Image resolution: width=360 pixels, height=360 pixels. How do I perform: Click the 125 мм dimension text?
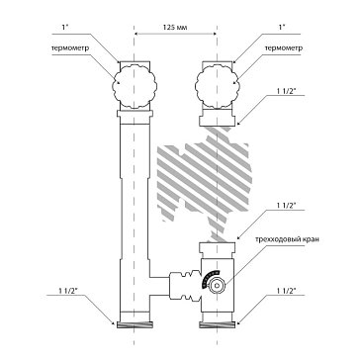coord(175,28)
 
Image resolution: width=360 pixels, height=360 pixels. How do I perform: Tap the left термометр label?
coord(70,48)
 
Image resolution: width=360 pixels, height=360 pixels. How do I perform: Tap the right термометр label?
coord(284,48)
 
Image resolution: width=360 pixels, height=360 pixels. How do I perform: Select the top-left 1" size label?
coord(64,28)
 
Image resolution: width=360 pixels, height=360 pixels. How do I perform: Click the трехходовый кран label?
coord(287,239)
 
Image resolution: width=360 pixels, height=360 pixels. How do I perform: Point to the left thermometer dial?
coord(135,87)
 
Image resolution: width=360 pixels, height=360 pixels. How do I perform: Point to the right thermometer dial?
coord(217,87)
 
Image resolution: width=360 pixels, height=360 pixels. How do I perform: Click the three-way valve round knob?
coord(217,286)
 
